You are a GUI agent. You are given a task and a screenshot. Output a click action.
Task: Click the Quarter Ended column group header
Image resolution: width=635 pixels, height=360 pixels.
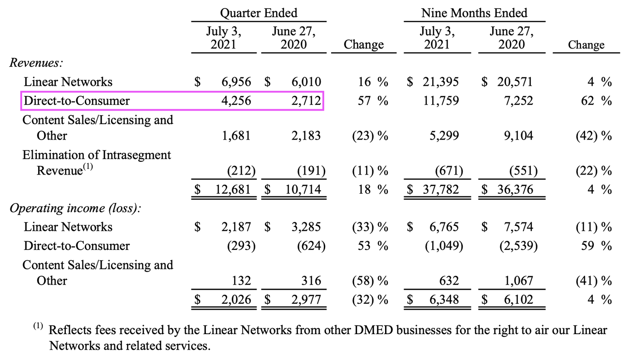[x=259, y=13]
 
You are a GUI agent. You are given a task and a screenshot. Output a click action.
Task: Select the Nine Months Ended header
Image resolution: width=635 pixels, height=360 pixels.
[x=474, y=13]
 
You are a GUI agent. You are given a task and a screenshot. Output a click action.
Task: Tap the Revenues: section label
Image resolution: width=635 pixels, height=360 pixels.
[x=35, y=63]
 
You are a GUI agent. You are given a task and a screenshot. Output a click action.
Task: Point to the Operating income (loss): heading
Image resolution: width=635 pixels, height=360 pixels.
[x=74, y=208]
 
